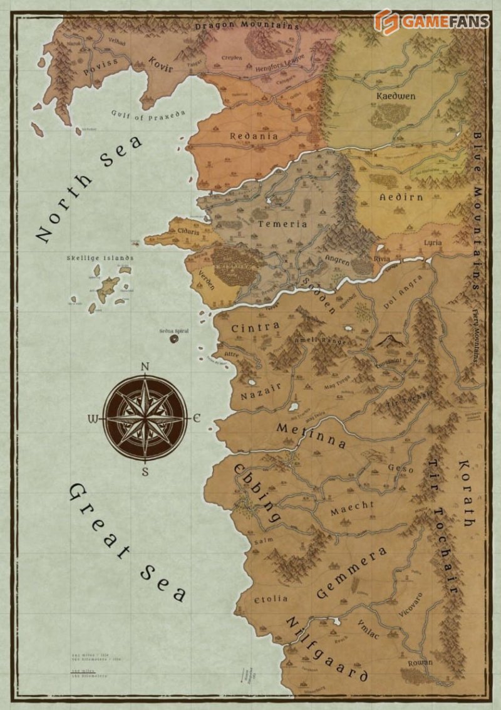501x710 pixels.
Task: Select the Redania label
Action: (254, 136)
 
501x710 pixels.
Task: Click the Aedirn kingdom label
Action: (401, 197)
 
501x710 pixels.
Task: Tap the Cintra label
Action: (256, 328)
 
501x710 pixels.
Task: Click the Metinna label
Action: (311, 435)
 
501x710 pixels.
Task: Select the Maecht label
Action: (352, 506)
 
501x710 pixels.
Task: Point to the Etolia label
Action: (272, 599)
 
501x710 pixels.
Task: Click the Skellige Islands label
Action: (100, 258)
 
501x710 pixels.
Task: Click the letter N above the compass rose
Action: (145, 367)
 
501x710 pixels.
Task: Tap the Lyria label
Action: (432, 242)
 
